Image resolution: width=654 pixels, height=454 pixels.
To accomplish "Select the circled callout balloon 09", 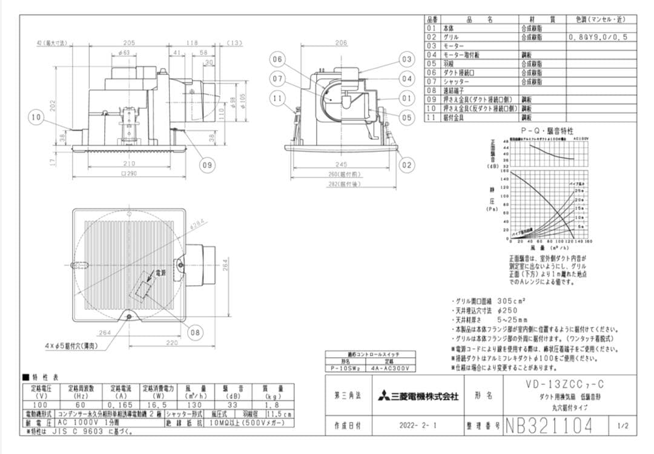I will pyautogui.click(x=206, y=165).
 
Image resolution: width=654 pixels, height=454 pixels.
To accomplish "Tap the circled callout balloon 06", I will pyautogui.click(x=277, y=59).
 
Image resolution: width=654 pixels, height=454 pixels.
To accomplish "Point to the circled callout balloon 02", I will pyautogui.click(x=406, y=165).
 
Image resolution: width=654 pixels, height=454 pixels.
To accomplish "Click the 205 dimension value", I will pyautogui.click(x=128, y=43).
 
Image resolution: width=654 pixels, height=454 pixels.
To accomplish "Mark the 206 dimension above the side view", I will pyautogui.click(x=341, y=43).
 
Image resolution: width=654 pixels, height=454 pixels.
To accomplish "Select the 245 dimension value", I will pyautogui.click(x=341, y=164).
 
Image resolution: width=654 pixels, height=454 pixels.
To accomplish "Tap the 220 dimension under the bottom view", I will pyautogui.click(x=173, y=343).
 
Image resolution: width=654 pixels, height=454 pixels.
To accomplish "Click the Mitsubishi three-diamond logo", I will pyautogui.click(x=384, y=396).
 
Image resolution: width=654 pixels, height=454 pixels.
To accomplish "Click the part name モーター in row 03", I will pyautogui.click(x=454, y=45).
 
